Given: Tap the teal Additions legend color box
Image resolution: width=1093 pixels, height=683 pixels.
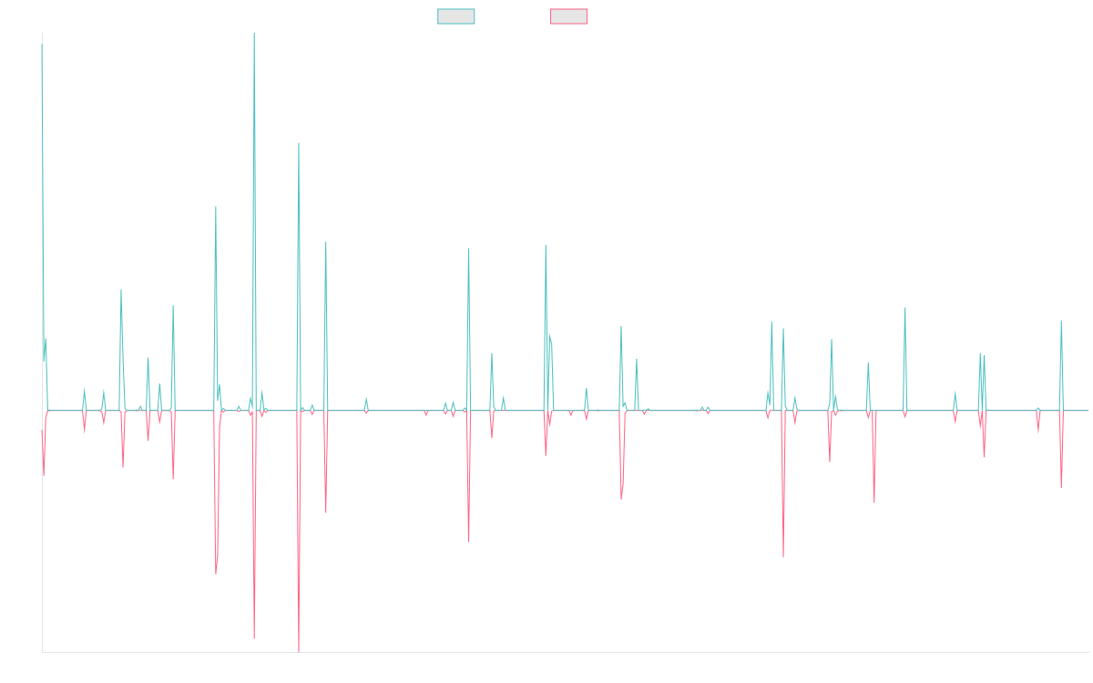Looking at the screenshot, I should [456, 16].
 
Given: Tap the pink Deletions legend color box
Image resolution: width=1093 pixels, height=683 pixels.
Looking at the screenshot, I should [569, 16].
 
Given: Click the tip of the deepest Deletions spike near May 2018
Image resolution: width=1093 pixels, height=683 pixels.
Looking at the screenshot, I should [299, 651].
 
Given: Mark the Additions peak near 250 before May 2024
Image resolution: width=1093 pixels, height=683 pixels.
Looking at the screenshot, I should [905, 308].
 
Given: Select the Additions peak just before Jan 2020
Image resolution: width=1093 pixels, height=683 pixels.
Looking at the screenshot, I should [469, 248].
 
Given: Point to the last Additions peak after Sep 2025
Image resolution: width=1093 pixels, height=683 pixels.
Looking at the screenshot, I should [1061, 321].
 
